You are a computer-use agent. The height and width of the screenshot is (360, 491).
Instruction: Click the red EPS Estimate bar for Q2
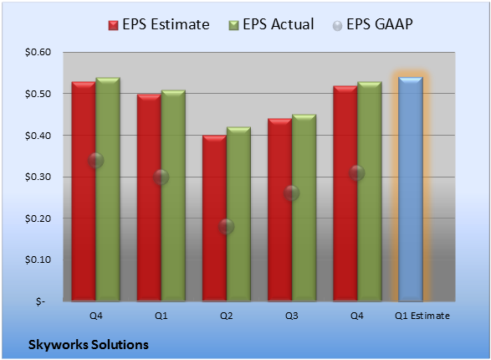[x=214, y=218]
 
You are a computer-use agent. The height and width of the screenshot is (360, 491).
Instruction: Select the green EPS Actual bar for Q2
[x=238, y=214]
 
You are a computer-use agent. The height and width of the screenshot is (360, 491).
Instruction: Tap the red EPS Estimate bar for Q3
[x=279, y=210]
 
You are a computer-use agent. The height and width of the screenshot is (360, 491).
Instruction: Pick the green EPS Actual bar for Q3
[x=304, y=208]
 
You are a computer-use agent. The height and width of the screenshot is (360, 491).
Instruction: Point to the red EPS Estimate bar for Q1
[x=149, y=198]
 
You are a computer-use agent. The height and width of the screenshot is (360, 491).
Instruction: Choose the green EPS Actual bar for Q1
[x=173, y=196]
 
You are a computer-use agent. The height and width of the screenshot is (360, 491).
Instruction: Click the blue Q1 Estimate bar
[x=411, y=189]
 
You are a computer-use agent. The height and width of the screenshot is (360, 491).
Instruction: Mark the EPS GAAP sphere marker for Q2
[x=226, y=226]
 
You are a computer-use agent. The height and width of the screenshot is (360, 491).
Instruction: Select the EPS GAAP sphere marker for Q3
[x=292, y=193]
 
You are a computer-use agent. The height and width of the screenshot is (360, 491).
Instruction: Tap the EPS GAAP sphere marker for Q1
[x=161, y=177]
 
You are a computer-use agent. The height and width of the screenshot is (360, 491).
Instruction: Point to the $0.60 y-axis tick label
[x=38, y=52]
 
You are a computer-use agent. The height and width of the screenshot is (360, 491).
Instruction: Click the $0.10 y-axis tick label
[x=38, y=260]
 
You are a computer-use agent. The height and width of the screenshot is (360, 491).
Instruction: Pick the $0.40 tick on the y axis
[x=38, y=136]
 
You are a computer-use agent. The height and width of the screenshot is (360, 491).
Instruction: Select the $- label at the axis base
[x=40, y=301]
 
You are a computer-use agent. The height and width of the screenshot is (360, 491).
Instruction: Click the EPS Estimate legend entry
[x=159, y=24]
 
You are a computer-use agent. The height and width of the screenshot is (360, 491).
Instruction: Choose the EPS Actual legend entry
[x=272, y=24]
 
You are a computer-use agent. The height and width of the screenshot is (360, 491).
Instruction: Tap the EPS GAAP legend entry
[x=372, y=24]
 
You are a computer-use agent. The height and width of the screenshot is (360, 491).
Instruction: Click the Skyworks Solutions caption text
[x=89, y=345]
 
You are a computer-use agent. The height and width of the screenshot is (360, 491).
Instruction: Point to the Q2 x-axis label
[x=226, y=316]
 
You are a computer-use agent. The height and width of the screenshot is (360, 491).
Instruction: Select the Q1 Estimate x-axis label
[x=422, y=316]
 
